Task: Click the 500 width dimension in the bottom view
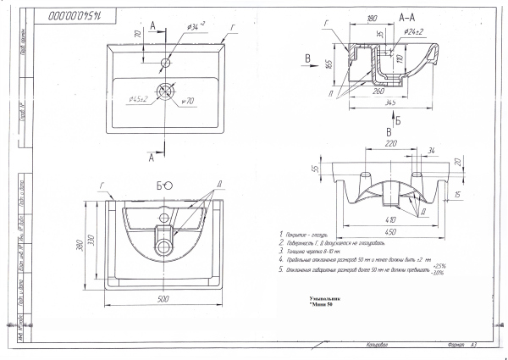162,298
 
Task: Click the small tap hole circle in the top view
167,62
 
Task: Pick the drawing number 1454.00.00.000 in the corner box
75,14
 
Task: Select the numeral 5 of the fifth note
280,269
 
